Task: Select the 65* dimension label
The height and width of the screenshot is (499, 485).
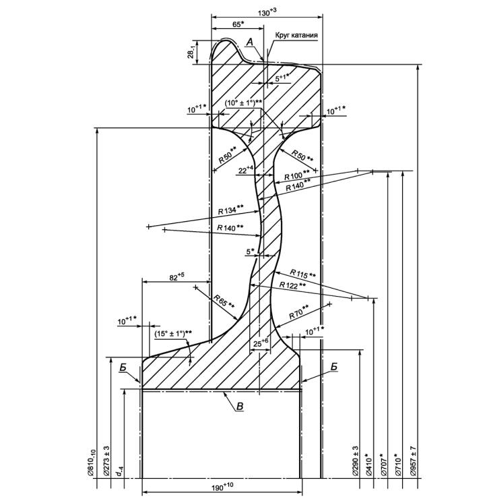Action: [x=237, y=24]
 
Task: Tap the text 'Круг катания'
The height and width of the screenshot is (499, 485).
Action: [x=296, y=35]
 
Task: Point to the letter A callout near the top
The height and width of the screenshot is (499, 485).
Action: [x=249, y=42]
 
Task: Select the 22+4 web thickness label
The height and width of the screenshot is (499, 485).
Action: [x=246, y=170]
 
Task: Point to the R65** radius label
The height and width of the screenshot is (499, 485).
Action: [x=224, y=301]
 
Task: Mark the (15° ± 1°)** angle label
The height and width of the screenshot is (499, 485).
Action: [x=173, y=333]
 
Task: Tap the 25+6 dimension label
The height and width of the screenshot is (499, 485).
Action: [x=260, y=343]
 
